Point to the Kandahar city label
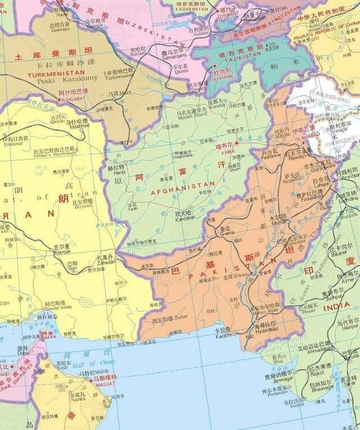tap(183, 218)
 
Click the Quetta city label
tap(225, 234)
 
